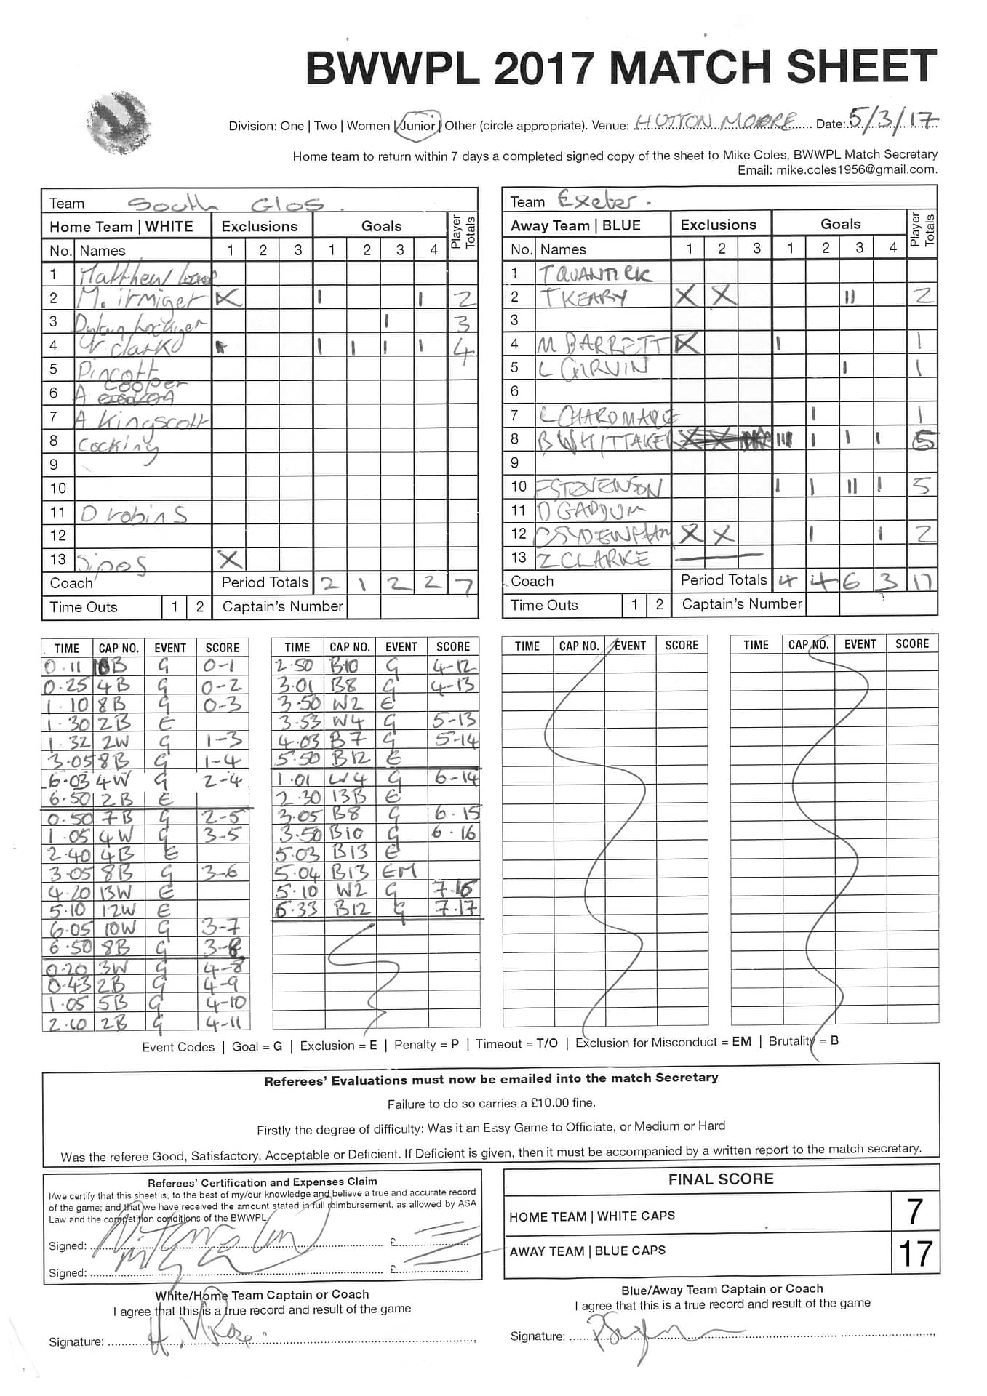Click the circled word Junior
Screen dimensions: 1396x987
click(417, 124)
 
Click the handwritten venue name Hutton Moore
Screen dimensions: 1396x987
click(716, 121)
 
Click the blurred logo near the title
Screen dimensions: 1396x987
click(118, 123)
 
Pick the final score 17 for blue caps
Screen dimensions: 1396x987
click(915, 1253)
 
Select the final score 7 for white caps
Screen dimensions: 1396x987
click(915, 1211)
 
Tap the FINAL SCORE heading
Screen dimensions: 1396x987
click(721, 1179)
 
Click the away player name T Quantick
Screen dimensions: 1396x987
click(594, 273)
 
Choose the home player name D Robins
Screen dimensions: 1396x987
click(134, 513)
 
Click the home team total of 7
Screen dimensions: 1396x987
click(463, 584)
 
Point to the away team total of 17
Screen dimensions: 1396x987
click(922, 581)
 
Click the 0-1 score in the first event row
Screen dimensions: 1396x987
click(220, 666)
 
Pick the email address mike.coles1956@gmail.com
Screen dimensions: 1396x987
click(855, 169)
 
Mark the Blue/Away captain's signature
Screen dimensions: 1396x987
click(640, 1335)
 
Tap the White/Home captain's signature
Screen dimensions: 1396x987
click(196, 1336)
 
